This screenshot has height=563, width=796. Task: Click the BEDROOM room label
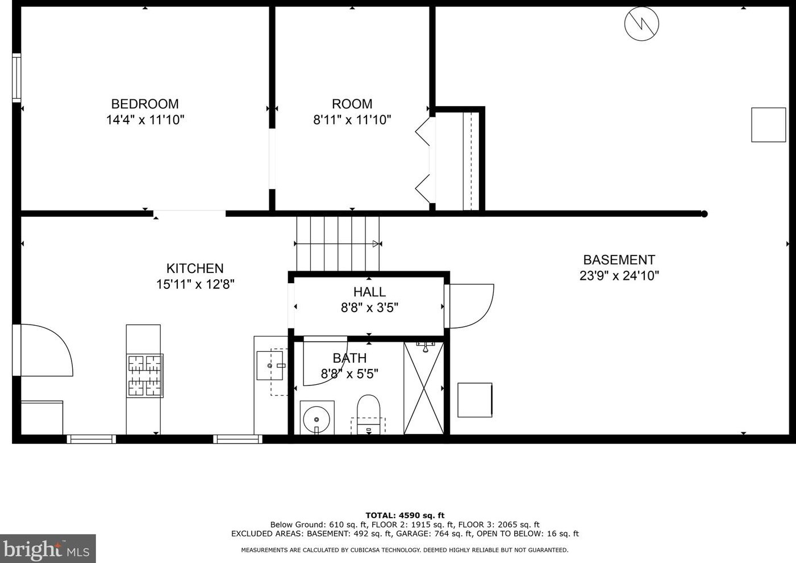pos(145,104)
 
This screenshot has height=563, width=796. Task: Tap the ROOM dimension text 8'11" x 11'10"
pos(352,120)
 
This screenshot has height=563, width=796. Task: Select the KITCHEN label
pos(195,268)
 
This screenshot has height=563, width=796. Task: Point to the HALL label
pos(369,292)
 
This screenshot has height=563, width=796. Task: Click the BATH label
pos(349,358)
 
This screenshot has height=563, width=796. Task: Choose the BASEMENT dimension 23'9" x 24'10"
pos(619,276)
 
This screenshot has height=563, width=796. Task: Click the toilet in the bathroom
pos(368,412)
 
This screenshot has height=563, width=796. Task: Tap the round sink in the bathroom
pos(316,419)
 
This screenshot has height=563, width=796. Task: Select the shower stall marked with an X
pos(424,388)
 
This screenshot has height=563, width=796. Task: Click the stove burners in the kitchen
pos(145,375)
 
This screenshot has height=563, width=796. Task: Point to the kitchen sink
pos(270,365)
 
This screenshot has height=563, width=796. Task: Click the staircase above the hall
pos(338,243)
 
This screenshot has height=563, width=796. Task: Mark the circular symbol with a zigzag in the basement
pos(641,24)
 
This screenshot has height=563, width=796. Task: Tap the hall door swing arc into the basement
pos(471,306)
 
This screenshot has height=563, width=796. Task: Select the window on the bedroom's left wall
pos(17,78)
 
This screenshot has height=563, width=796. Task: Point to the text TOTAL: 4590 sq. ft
pos(405,515)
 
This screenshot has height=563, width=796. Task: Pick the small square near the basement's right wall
pos(768,125)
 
